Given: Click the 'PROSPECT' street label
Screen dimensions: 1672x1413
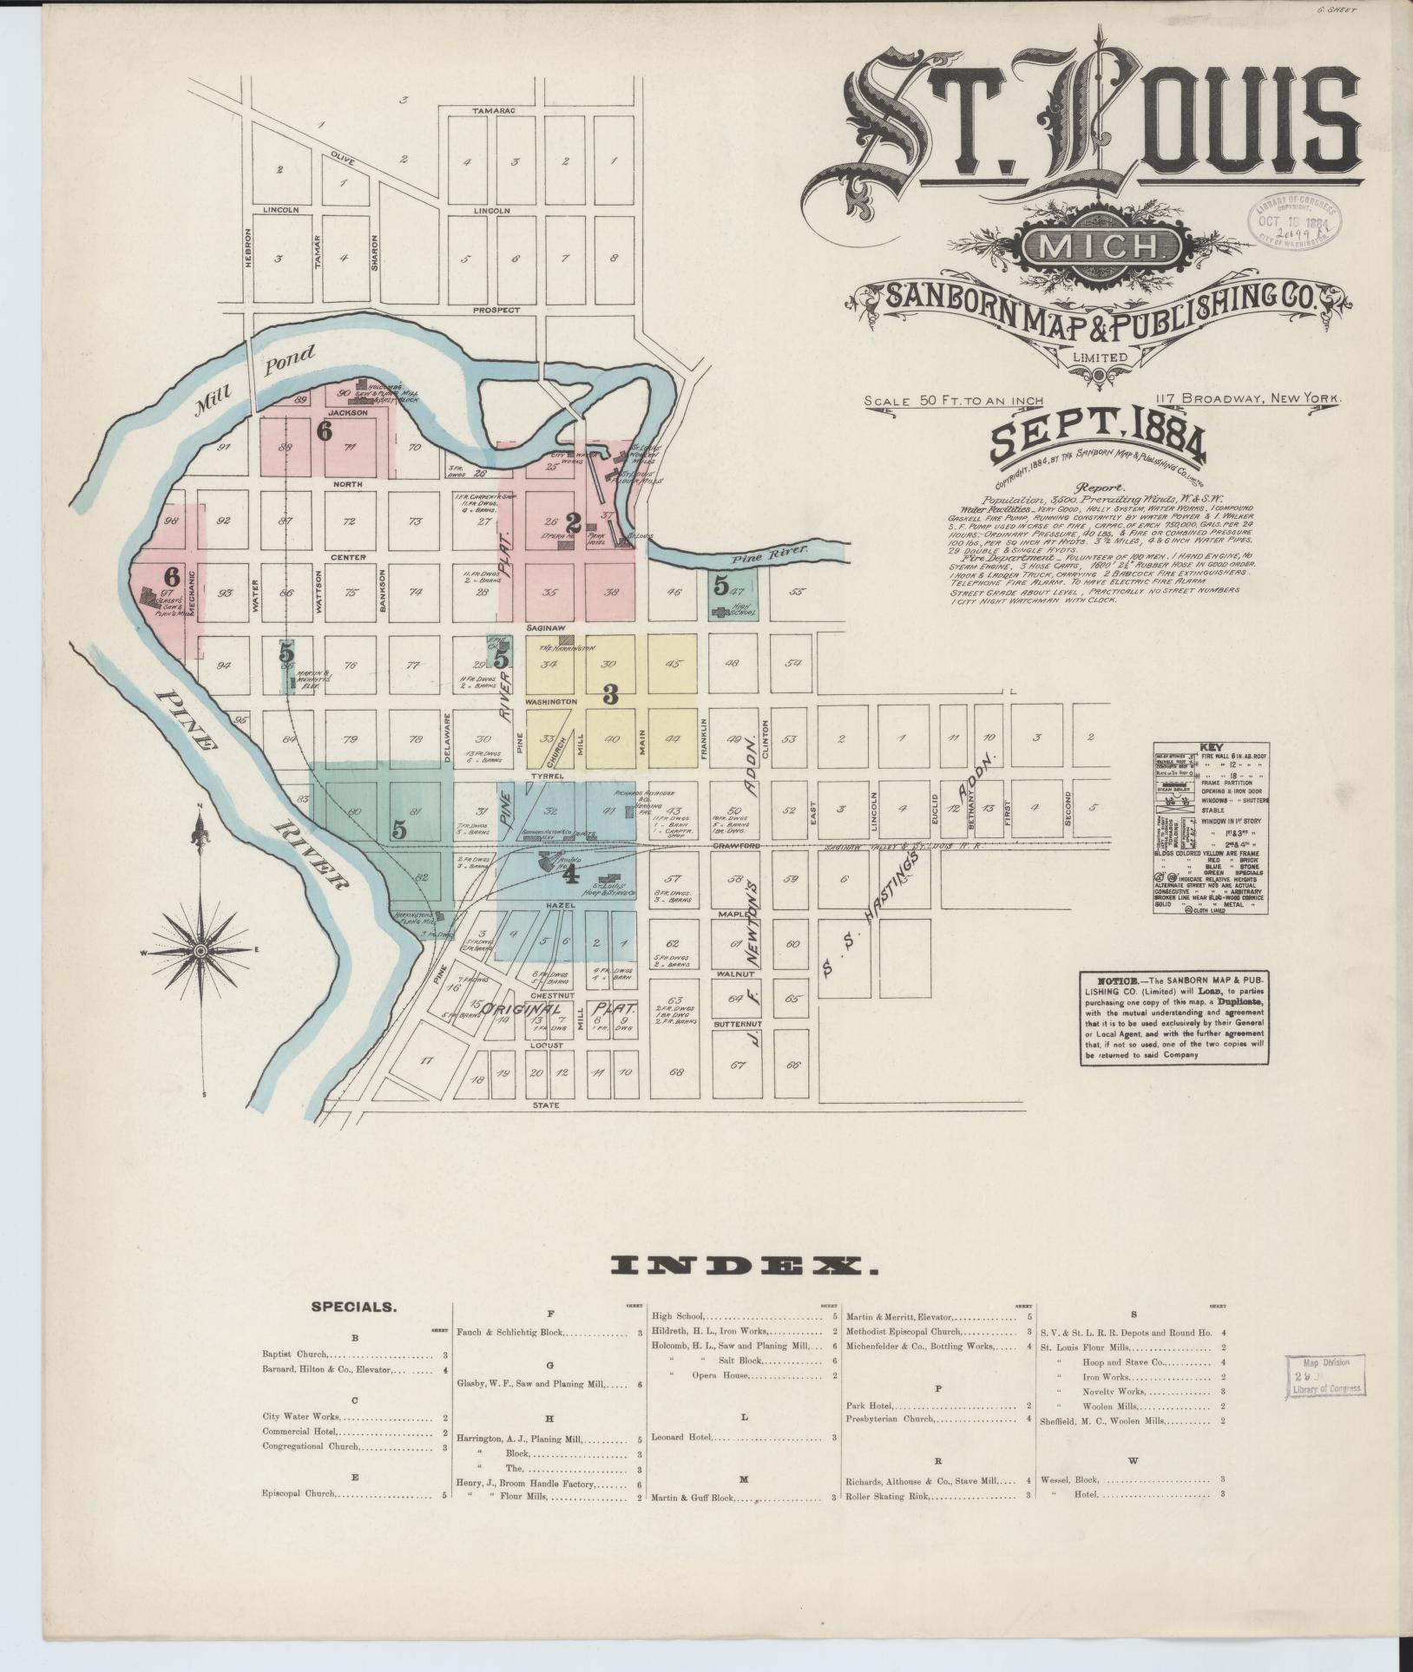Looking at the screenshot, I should click(x=496, y=310).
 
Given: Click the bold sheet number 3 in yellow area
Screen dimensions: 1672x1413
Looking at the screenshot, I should click(x=609, y=694).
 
